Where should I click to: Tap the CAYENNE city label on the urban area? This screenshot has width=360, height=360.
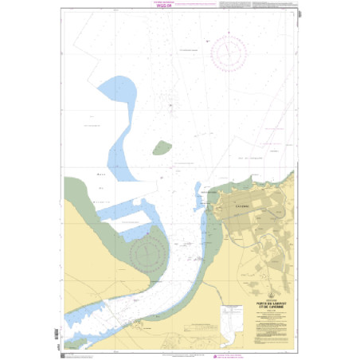[239, 205]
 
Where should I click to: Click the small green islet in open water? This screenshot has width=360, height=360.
[162, 147]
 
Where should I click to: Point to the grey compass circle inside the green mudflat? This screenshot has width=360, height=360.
[147, 256]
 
